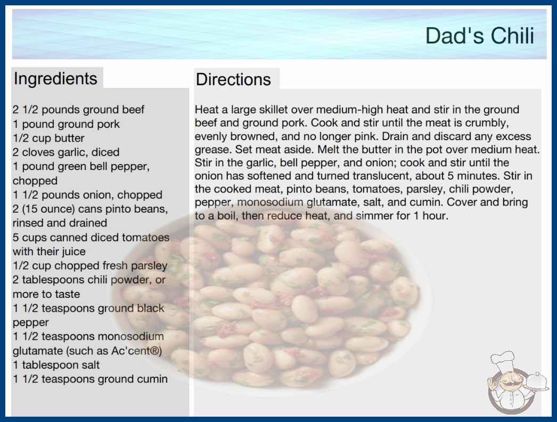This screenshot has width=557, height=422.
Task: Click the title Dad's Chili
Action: pyautogui.click(x=480, y=36)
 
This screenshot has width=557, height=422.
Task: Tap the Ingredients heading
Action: pyautogui.click(x=55, y=78)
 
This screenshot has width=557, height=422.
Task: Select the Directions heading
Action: pyautogui.click(x=233, y=79)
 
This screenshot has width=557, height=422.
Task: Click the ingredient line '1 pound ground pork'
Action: pyautogui.click(x=66, y=124)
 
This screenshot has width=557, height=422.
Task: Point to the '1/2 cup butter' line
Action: pyautogui.click(x=48, y=138)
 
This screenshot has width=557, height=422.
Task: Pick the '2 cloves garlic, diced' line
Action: pyautogui.click(x=66, y=152)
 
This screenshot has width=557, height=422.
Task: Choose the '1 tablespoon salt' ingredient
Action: pyautogui.click(x=56, y=365)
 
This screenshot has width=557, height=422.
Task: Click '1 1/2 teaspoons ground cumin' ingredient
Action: pyautogui.click(x=90, y=379)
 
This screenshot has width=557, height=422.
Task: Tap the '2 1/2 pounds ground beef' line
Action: pyautogui.click(x=78, y=110)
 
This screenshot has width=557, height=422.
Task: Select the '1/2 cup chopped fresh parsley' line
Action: pyautogui.click(x=90, y=265)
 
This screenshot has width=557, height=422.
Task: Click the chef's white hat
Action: pyautogui.click(x=503, y=360)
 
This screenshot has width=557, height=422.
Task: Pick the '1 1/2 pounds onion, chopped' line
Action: pyautogui.click(x=87, y=195)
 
